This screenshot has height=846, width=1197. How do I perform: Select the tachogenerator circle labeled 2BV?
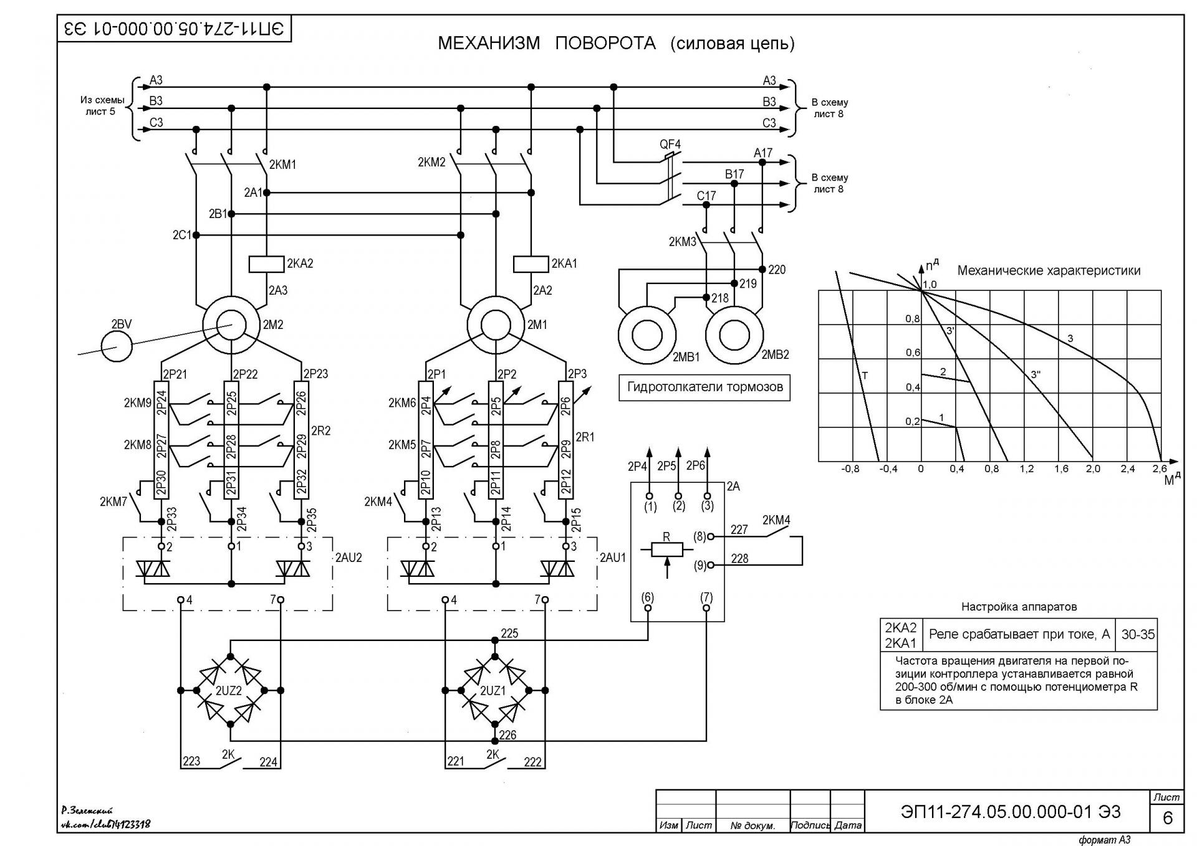point(117,346)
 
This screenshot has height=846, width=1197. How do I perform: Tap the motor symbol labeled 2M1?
point(496,325)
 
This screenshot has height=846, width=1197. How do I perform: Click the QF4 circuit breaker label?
point(670,145)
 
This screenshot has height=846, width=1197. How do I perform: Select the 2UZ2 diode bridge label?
point(229,691)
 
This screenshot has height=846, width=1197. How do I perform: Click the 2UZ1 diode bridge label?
point(493,691)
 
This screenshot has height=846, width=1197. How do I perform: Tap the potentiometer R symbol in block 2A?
point(667,549)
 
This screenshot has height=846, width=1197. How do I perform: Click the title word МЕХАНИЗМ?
point(489,43)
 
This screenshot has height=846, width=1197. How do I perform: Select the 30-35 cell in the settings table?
point(1138,635)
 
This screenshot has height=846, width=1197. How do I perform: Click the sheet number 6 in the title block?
point(1168,817)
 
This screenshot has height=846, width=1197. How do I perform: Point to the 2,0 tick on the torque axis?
point(1093,468)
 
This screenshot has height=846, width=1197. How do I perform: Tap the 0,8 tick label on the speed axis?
point(913,319)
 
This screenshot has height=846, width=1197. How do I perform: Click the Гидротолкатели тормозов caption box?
point(704,387)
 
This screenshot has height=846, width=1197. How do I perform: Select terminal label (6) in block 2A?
point(648,597)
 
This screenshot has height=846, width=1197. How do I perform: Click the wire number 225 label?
point(509,634)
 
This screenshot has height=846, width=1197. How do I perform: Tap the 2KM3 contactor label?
point(682,242)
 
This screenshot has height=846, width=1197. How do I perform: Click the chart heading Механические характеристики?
point(1049,270)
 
